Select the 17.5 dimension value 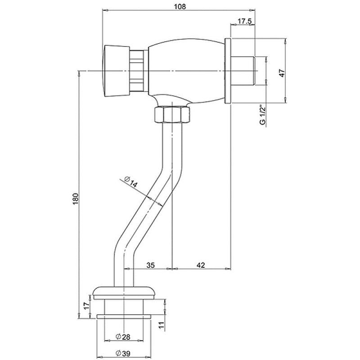(x=243, y=21)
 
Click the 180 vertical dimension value (x=76, y=198)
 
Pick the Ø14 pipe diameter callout (x=131, y=183)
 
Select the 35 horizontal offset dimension (x=151, y=265)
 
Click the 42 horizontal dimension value (x=201, y=265)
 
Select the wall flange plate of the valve (x=228, y=71)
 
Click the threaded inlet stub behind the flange (x=243, y=71)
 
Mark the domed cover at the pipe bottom (x=124, y=291)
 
